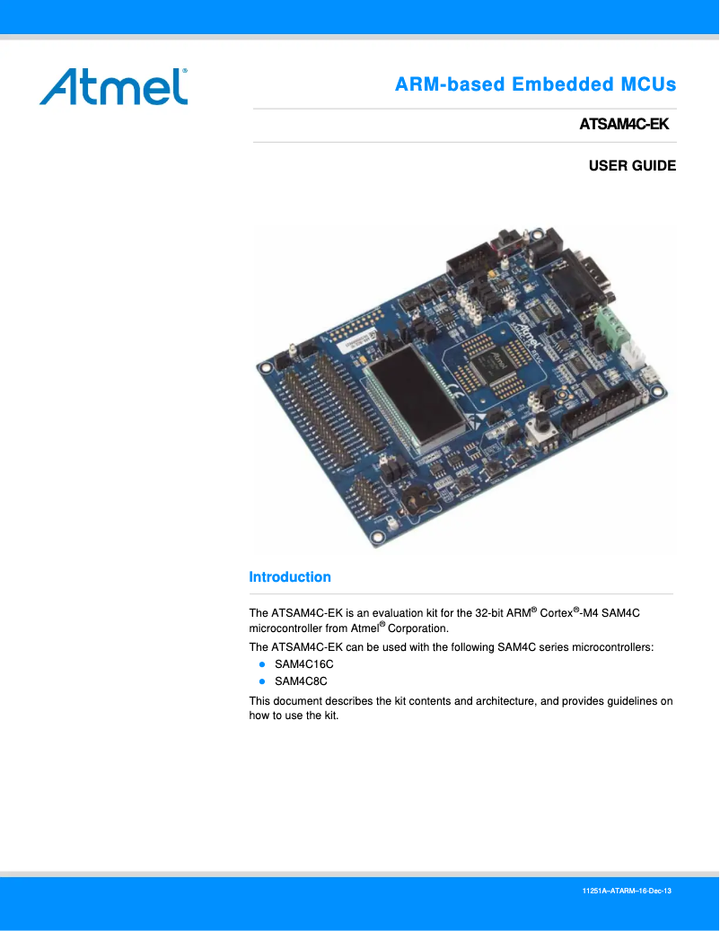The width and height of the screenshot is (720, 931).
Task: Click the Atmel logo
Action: point(113,86)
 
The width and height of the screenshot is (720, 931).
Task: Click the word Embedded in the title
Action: point(556,85)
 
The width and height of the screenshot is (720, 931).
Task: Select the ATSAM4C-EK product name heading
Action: point(625,125)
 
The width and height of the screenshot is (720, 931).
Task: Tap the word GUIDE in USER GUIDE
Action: point(652,166)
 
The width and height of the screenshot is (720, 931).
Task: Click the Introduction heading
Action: point(290,577)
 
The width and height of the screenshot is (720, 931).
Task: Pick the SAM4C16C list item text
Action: point(303,664)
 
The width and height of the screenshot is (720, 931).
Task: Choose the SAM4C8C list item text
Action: point(301,681)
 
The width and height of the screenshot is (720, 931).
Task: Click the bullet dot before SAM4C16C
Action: point(262,664)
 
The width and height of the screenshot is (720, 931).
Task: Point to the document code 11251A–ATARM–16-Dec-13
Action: point(628,891)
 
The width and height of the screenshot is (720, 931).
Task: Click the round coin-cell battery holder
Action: point(419,496)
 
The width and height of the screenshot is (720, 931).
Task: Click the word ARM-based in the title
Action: point(449,85)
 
